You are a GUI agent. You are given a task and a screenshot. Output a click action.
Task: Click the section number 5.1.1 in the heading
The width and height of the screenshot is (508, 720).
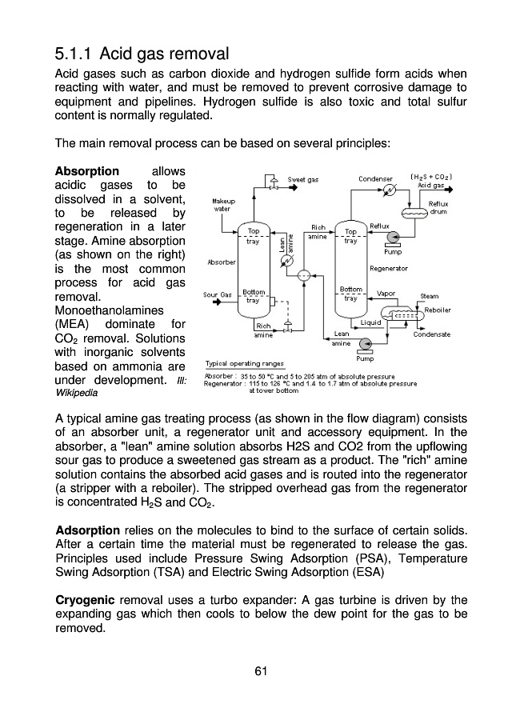click(x=75, y=54)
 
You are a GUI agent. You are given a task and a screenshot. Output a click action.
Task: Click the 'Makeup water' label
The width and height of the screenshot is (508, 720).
click(x=222, y=205)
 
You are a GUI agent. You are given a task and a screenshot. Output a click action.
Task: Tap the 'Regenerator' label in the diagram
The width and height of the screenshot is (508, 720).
click(x=389, y=268)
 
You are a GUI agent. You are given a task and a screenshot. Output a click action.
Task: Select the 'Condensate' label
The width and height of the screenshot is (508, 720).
click(x=432, y=334)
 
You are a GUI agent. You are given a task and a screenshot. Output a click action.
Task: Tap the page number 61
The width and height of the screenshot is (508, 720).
click(x=255, y=670)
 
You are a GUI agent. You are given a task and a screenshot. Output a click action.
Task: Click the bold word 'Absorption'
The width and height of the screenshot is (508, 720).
click(x=86, y=172)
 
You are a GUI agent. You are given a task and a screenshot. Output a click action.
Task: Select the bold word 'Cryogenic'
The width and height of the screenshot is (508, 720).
click(x=86, y=600)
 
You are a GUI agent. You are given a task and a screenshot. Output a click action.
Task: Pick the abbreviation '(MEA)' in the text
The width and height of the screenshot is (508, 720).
click(x=72, y=325)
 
